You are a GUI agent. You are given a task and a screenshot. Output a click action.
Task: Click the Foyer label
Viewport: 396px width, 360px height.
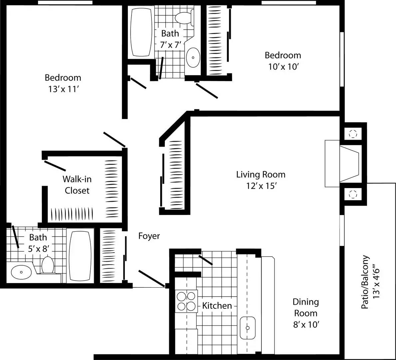[x=149, y=236]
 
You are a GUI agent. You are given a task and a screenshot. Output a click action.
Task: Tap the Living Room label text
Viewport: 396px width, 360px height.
[x=260, y=174]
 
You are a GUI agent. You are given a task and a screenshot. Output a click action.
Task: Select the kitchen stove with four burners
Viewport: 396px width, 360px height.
[x=186, y=301]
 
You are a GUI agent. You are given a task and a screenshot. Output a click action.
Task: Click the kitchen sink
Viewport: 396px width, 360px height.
[x=247, y=328]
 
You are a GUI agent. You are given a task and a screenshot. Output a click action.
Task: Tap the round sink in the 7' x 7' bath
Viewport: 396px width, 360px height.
[x=193, y=57]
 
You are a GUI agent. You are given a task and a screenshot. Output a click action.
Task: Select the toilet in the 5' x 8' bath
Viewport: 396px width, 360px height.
[x=48, y=265]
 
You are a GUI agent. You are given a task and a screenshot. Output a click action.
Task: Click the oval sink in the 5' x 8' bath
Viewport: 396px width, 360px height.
[x=21, y=272]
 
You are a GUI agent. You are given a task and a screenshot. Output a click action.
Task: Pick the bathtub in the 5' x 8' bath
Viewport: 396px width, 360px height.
[x=80, y=256]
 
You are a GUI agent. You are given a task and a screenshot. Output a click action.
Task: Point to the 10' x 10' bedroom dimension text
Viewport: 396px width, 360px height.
[x=282, y=67]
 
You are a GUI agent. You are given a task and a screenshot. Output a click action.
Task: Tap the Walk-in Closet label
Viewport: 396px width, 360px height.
[x=77, y=185]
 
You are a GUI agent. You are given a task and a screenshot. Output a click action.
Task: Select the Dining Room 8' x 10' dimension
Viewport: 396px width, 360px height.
[x=306, y=324]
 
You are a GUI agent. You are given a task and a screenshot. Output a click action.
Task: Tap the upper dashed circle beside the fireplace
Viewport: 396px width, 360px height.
[x=353, y=134]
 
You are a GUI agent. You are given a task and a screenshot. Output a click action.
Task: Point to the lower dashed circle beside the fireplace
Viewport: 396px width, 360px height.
[x=353, y=193]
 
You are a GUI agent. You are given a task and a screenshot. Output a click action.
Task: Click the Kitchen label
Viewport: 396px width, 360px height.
[x=217, y=305]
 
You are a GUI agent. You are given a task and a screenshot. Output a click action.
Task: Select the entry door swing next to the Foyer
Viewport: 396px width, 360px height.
[x=152, y=278]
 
